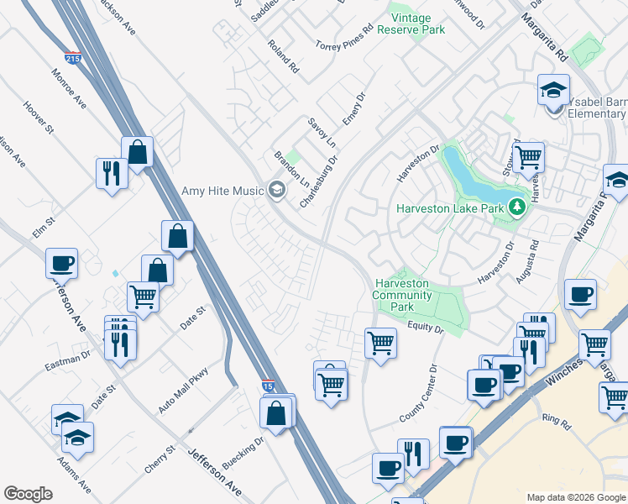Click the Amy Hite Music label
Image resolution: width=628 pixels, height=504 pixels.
pyautogui.click(x=223, y=191)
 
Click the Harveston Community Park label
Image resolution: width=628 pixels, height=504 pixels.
pyautogui.click(x=403, y=296)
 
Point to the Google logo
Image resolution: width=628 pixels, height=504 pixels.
pyautogui.click(x=29, y=494)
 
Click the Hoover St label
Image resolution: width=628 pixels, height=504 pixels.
pyautogui.click(x=39, y=118)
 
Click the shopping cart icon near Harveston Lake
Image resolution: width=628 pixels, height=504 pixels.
pyautogui.click(x=528, y=155)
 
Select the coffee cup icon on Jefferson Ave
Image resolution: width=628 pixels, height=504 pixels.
pyautogui.click(x=62, y=263)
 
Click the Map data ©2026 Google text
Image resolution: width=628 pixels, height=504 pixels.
pyautogui.click(x=574, y=497)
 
